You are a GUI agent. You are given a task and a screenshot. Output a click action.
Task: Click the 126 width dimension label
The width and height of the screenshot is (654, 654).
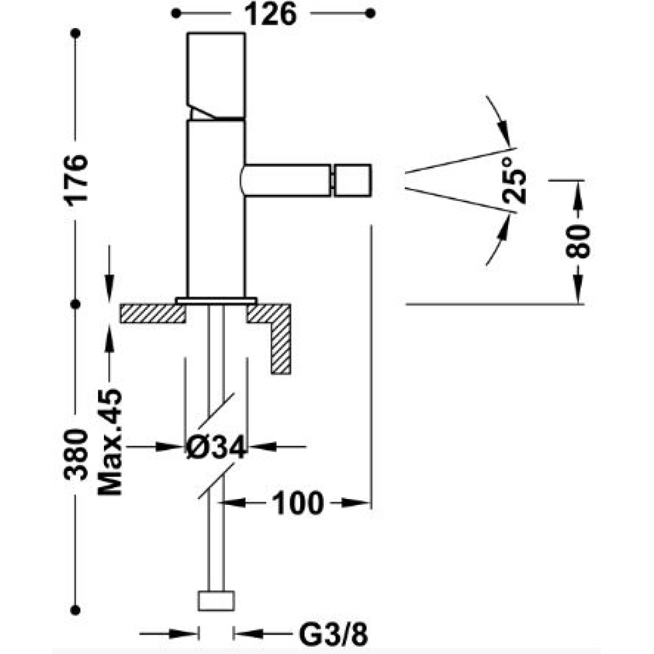[270, 14]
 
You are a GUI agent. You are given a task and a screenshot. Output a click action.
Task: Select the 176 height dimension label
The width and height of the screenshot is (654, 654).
[76, 179]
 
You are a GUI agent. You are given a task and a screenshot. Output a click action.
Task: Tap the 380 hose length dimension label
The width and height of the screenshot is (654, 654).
[76, 455]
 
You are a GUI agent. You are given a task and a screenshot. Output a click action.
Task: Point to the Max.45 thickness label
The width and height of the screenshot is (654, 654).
[110, 442]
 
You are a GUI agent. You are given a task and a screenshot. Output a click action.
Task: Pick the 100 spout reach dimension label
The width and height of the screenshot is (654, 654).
[298, 503]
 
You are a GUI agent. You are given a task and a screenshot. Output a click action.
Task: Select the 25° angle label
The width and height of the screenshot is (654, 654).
[514, 181]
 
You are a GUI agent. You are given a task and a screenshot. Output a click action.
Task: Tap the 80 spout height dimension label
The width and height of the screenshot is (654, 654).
[578, 241]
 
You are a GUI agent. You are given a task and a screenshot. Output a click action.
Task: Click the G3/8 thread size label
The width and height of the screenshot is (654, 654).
[334, 635]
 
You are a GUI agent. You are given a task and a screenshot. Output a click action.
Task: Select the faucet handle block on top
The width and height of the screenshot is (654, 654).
[216, 77]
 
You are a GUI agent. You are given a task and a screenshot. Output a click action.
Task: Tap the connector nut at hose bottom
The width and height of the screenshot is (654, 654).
[216, 601]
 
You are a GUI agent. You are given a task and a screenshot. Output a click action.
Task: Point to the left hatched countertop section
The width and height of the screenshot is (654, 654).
[152, 314]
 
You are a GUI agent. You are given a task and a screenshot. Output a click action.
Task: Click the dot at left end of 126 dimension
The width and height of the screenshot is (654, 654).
[176, 14]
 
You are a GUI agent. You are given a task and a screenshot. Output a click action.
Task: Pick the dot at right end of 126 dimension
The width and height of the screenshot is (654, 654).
[370, 14]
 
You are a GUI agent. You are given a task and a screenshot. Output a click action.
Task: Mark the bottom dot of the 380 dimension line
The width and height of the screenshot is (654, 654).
[75, 610]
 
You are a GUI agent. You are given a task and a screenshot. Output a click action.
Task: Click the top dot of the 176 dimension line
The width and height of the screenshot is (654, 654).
[75, 33]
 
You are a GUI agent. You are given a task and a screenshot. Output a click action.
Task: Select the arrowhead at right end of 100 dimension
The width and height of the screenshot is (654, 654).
[356, 503]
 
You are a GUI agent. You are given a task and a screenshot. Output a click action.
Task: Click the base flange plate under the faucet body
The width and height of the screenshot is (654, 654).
[216, 301]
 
